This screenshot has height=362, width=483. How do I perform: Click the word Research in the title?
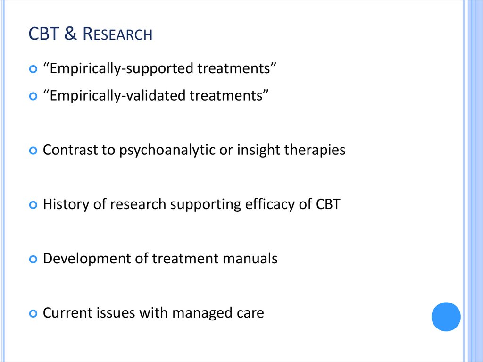click(x=118, y=34)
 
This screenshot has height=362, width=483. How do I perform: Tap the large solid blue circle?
click(x=446, y=317)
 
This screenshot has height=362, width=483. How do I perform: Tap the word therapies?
click(x=316, y=150)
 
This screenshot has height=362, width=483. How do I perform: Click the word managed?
click(x=201, y=313)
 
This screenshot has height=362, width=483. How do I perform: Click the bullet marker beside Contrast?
click(x=33, y=151)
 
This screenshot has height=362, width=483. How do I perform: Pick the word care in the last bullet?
click(x=250, y=313)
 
